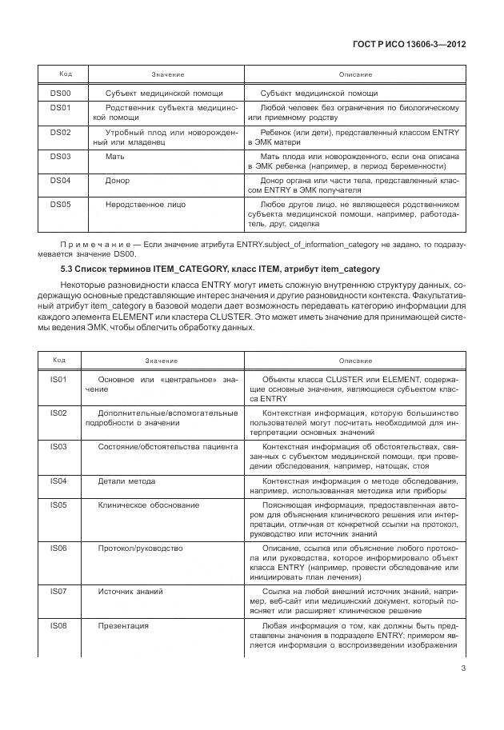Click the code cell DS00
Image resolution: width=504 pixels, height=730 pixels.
(61, 93)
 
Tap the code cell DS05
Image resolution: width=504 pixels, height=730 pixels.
(61, 205)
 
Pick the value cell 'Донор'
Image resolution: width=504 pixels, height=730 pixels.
(118, 181)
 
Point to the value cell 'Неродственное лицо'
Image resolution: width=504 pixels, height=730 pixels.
(146, 205)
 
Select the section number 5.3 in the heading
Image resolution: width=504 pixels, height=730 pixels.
(56, 269)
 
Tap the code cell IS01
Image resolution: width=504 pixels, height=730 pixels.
(58, 377)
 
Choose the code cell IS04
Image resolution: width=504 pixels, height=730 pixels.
(58, 481)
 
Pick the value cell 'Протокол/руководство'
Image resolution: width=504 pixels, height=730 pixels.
(140, 548)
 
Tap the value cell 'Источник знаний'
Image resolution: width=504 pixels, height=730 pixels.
(130, 591)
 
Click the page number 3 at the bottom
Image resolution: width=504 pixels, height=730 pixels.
(463, 670)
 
